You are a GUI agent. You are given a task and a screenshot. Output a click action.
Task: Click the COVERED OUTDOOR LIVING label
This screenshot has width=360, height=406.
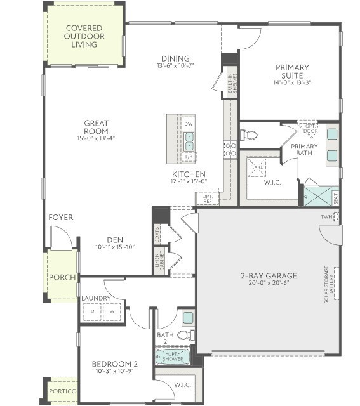point(84,37)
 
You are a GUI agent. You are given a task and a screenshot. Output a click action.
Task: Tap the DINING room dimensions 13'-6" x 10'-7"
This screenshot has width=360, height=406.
point(175,65)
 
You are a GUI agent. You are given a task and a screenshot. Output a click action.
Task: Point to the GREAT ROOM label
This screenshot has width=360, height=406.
point(97,128)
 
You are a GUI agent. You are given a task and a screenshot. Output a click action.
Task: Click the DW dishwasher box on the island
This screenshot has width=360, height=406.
point(189,124)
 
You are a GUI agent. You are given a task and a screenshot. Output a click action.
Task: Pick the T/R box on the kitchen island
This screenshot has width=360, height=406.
point(189,155)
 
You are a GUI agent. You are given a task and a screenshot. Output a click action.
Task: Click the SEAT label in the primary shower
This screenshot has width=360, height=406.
point(336,198)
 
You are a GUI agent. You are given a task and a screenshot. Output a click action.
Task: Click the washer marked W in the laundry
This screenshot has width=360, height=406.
point(112,311)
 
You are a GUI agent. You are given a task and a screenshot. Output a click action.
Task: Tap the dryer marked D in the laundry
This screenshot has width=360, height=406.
point(93,311)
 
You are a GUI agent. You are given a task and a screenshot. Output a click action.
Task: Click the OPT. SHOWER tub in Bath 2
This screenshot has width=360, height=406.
point(172,357)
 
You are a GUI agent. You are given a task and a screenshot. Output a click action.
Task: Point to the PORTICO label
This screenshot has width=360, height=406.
point(63,391)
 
